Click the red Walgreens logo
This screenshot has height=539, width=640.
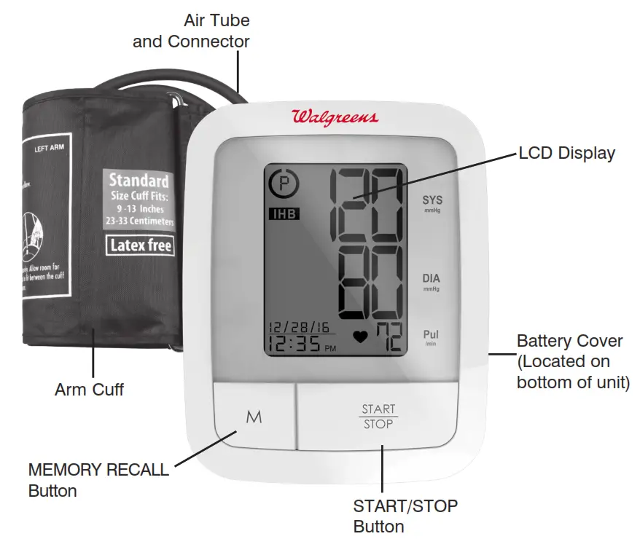[x=335, y=117]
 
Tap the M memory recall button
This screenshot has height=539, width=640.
[x=254, y=417]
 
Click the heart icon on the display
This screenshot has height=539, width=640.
[x=359, y=337]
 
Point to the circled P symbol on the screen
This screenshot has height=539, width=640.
[x=284, y=184]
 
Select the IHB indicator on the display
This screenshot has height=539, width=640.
[x=284, y=214]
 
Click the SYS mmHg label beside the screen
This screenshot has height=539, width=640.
[x=432, y=202]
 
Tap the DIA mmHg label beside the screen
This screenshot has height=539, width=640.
[x=432, y=281]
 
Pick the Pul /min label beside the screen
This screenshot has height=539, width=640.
[x=432, y=337]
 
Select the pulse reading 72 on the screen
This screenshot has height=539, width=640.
[x=389, y=338]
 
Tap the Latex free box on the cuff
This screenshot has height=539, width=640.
[x=141, y=245]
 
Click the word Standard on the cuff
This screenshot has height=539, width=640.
[x=138, y=180]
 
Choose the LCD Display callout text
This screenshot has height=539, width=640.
[x=566, y=154]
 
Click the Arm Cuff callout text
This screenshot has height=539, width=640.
[x=89, y=390]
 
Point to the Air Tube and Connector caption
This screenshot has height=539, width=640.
[x=191, y=31]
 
